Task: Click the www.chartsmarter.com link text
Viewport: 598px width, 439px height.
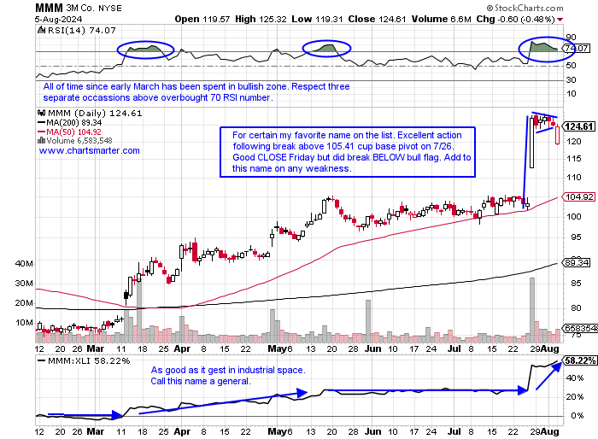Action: pos(90,151)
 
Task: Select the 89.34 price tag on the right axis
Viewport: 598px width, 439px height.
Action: pos(577,264)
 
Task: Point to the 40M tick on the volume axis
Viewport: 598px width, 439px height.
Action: pos(23,263)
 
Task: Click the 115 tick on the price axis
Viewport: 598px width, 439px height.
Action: pos(578,159)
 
